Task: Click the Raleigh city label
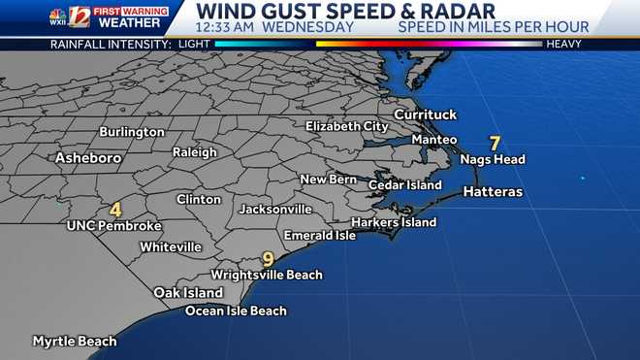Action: pos(194,152)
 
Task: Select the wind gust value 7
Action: pos(495,142)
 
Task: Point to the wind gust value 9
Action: pos(269,259)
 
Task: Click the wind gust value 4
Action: pos(115,209)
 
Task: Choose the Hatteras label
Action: pos(493,192)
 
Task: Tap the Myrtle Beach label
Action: pos(75,342)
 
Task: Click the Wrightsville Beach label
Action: pos(267,275)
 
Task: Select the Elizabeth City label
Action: pos(346,126)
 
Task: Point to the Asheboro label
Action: pos(88,157)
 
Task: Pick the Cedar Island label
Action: pos(405,184)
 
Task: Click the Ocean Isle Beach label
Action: pos(236,311)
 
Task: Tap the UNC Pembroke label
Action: pos(113,226)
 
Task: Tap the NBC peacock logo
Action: pos(58,16)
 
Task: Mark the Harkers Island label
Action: pos(393,222)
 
